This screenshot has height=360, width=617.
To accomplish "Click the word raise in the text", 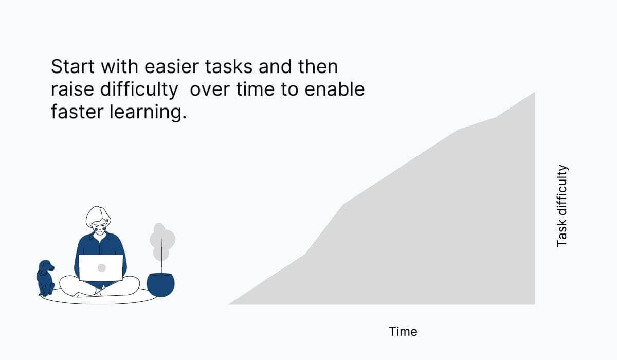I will tap(71, 89).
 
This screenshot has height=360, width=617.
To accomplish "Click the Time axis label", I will tap(403, 332).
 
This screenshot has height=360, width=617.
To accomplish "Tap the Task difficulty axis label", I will tap(562, 206).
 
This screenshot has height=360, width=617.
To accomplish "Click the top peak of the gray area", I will tap(534, 94).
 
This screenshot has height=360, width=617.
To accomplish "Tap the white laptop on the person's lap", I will tap(101, 268).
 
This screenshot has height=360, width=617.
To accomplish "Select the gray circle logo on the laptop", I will tap(101, 268).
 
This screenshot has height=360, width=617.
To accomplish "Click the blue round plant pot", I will tap(160, 284).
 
